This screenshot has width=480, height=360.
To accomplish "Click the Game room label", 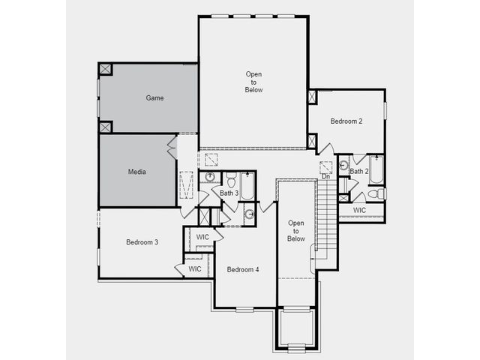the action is (x=154, y=98).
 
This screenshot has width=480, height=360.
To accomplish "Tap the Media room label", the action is (x=136, y=172).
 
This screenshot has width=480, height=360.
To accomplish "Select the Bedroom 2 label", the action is (x=346, y=121).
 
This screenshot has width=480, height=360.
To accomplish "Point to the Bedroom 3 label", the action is (x=142, y=242).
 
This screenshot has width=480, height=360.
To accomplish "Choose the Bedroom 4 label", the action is (x=243, y=270).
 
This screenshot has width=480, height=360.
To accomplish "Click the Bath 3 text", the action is (x=229, y=193).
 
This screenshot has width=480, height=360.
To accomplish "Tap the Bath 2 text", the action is (x=359, y=172).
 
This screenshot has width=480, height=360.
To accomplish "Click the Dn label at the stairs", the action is (x=325, y=177).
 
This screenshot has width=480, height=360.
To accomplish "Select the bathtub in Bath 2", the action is (x=376, y=169).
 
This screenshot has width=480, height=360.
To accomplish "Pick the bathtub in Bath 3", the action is (x=247, y=186).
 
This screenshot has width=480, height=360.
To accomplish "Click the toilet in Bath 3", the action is (x=231, y=180).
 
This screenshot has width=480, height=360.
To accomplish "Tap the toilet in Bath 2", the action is (x=376, y=193).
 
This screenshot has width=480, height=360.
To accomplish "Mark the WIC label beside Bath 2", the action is (x=359, y=211).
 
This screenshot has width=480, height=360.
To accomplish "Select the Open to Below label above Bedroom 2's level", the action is (x=253, y=82).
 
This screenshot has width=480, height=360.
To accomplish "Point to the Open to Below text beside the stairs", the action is (x=296, y=231).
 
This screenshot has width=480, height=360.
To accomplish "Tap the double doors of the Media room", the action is (x=172, y=147).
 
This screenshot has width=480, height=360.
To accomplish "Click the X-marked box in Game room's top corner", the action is (x=105, y=69).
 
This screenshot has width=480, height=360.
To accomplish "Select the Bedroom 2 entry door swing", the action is (x=326, y=148).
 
